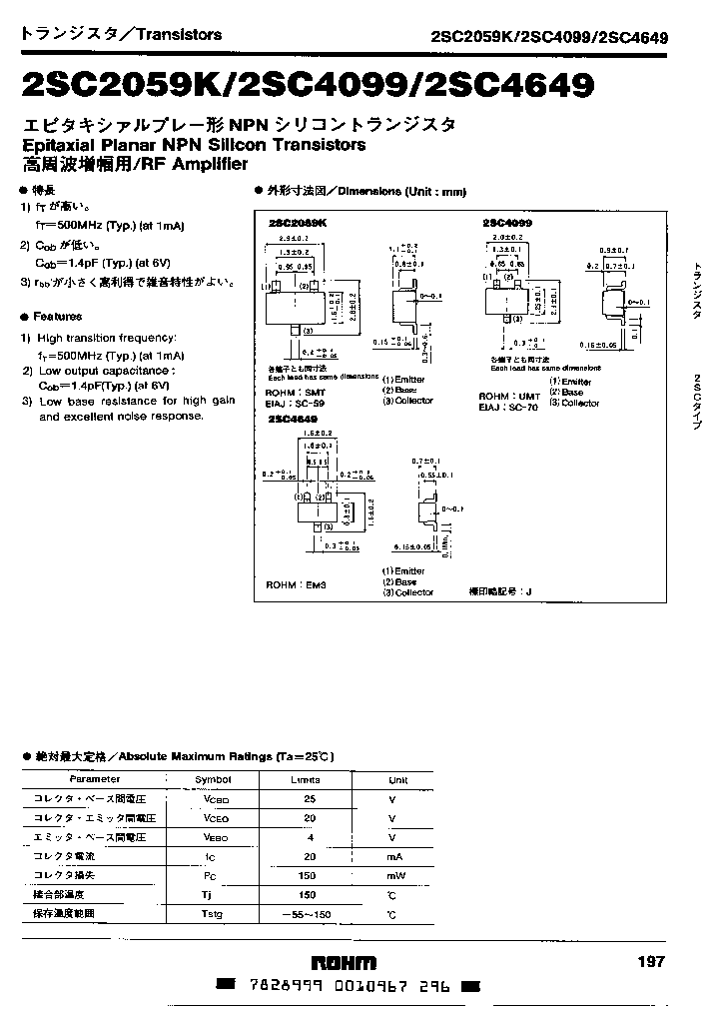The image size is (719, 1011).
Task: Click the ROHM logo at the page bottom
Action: [x=344, y=963]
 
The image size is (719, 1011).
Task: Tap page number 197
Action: [x=649, y=961]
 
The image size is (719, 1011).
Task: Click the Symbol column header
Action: [x=213, y=779]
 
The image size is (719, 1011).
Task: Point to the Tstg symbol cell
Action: [x=213, y=914]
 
